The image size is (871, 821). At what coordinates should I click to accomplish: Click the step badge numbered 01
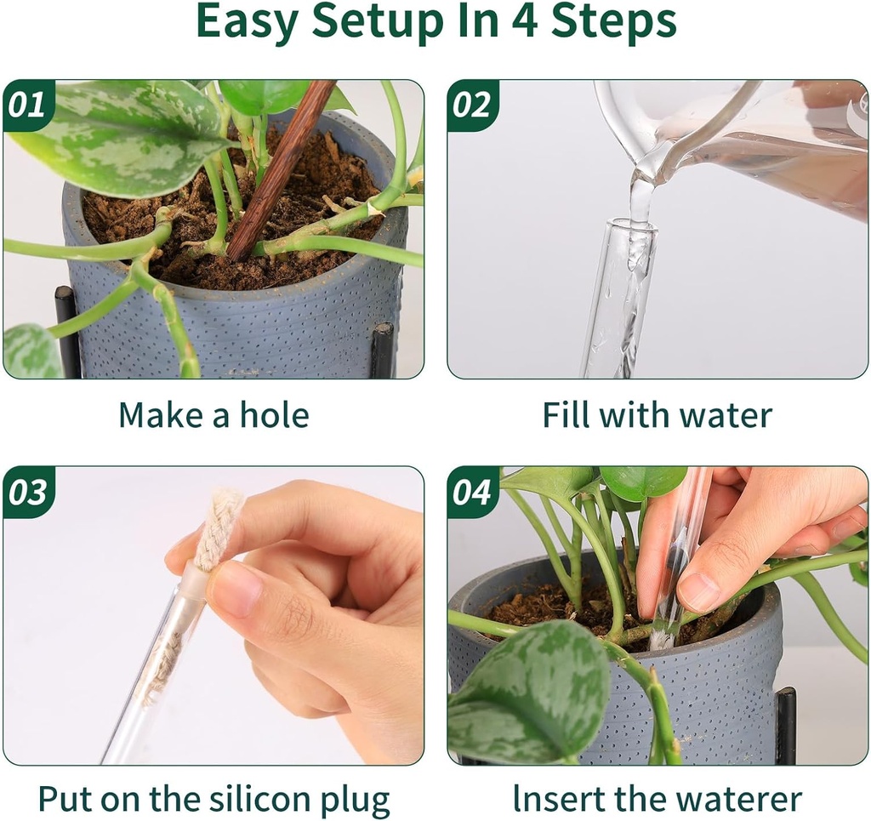coord(27,105)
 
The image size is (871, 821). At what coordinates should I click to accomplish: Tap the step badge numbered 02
coord(472,105)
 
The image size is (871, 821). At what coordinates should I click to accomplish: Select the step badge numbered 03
coord(27,493)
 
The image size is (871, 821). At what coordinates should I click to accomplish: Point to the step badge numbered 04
coord(472,493)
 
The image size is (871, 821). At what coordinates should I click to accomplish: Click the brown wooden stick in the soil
coord(281,170)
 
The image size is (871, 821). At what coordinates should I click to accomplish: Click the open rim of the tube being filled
coord(630,226)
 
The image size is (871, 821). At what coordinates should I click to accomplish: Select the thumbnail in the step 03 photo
coord(233,590)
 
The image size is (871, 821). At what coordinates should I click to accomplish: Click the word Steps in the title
coord(613,23)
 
